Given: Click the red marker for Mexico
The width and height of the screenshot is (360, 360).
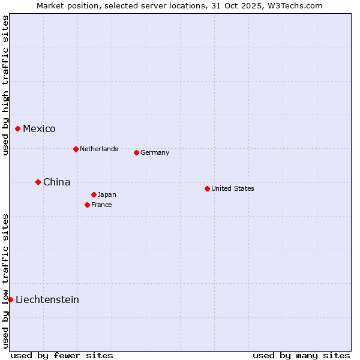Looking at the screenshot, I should [18, 128].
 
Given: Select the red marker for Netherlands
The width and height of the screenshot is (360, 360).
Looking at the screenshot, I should [76, 149].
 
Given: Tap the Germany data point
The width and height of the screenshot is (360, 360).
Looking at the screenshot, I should [136, 152].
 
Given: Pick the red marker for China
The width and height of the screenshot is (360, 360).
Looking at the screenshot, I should [38, 182].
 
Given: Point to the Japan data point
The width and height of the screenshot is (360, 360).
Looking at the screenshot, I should [94, 194].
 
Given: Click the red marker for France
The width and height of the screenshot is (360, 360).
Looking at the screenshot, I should [87, 205].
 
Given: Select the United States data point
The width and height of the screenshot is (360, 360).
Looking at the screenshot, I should [207, 188].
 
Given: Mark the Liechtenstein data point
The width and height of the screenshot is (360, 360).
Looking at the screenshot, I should [10, 299].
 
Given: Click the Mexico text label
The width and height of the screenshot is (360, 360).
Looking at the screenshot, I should [39, 128].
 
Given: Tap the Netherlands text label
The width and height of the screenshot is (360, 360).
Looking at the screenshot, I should [99, 149].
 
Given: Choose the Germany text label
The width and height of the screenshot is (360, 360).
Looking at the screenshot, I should [155, 152].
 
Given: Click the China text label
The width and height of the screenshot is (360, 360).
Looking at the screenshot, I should [56, 182].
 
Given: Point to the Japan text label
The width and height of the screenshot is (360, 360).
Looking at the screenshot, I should [107, 194].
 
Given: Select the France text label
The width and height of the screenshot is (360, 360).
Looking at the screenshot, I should [101, 205].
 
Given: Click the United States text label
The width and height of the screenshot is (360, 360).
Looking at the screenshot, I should [233, 188].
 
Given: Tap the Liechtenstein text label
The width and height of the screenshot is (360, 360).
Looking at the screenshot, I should [47, 299].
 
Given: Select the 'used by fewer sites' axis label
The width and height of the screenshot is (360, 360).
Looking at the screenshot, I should [62, 355].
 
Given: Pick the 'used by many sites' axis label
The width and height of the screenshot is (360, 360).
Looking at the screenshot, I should [301, 355].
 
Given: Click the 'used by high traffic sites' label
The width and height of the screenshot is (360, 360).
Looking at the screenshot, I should [5, 85].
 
